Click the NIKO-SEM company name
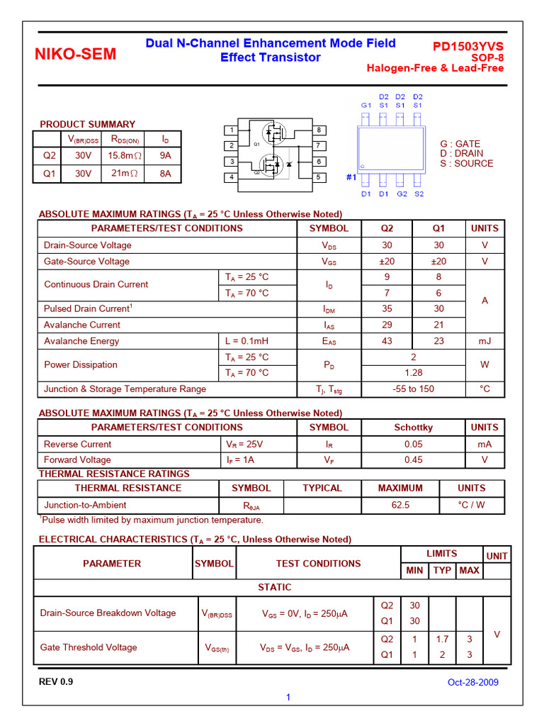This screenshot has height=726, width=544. coord(75,54)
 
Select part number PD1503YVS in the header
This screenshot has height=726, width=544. coord(468,46)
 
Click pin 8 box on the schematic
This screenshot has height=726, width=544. coord(319,130)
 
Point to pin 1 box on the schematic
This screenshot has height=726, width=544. coord(231,130)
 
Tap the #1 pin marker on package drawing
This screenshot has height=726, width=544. coord(351,177)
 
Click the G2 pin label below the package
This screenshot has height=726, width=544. coord(402,194)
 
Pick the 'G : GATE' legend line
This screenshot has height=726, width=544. coord(460,144)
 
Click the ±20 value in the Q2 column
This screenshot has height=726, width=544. coord(387,262)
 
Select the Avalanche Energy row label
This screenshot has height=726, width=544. coord(81,341)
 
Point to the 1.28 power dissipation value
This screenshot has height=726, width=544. coord(413,373)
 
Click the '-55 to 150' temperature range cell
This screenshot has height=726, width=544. coord(413,389)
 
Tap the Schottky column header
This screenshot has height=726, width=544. coord(413,428)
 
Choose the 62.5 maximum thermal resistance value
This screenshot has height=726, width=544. coord(399,506)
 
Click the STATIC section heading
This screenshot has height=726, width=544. coord(274,587)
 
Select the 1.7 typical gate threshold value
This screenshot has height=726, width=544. coord(442,639)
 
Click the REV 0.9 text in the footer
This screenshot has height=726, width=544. coord(56,682)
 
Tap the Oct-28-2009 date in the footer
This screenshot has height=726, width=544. coord(472,683)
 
